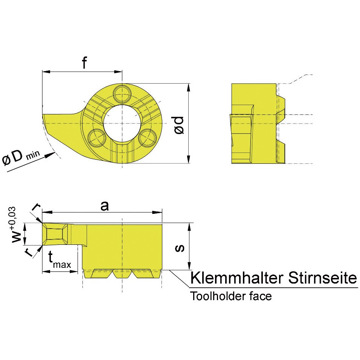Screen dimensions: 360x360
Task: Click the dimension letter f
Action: point(85,62)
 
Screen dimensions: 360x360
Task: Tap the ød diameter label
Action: point(179,125)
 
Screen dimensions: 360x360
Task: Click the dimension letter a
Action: point(105,206)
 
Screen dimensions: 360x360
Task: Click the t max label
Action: point(60,260)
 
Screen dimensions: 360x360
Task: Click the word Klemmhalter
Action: point(237,278)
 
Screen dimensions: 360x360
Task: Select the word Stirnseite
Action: point(323,278)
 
